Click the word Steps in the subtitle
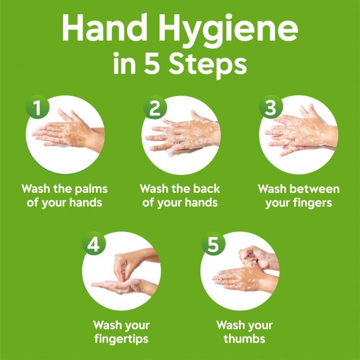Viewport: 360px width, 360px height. pyautogui.click(x=207, y=66)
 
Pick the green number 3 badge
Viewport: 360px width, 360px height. pyautogui.click(x=271, y=107)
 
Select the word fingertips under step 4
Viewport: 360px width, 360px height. pyautogui.click(x=121, y=339)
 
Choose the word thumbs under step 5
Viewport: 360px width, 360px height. pyautogui.click(x=244, y=339)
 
